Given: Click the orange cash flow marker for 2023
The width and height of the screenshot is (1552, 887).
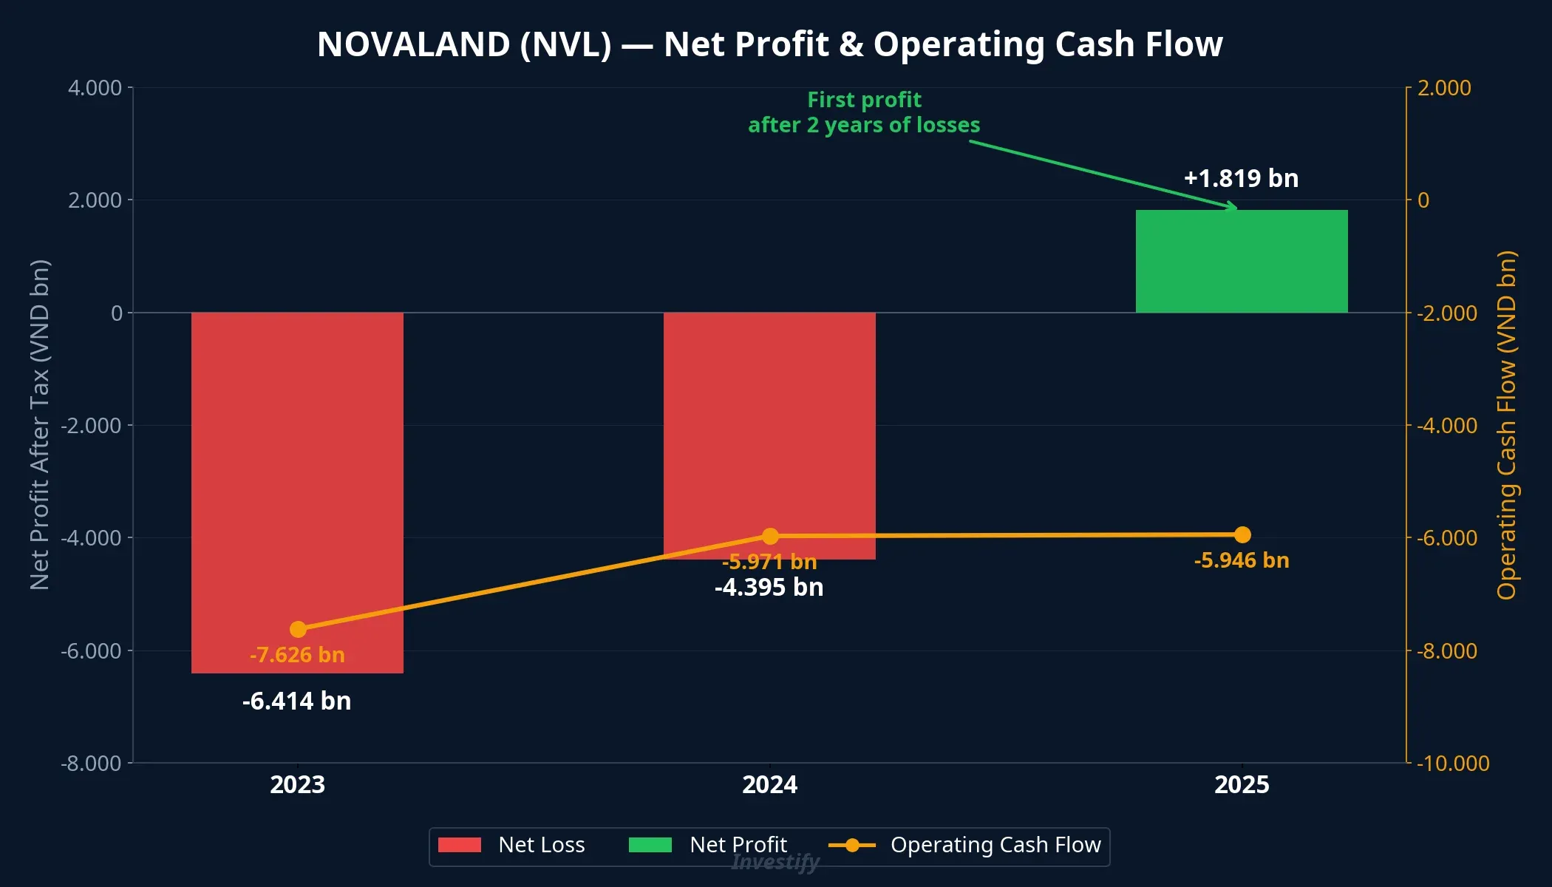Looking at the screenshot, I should (x=298, y=629).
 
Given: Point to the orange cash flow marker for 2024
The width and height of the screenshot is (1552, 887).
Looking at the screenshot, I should (x=770, y=536).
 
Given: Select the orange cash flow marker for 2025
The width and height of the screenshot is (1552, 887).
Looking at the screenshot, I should (x=1242, y=534).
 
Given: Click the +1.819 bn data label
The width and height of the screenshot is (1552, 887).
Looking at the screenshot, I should (x=1241, y=178).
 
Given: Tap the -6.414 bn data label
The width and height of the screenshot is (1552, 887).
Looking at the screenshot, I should (x=296, y=701).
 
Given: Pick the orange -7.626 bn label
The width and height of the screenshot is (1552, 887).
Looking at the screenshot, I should (x=296, y=655).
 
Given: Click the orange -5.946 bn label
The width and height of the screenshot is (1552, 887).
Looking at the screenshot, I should (x=1241, y=560).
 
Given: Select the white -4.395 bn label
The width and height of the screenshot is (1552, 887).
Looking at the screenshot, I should (x=769, y=588).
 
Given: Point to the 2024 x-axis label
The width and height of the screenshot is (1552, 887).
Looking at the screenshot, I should (x=769, y=784).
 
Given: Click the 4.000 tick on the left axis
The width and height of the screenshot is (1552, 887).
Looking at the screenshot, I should (x=95, y=88).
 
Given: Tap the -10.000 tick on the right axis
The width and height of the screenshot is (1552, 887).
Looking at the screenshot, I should (x=1452, y=764).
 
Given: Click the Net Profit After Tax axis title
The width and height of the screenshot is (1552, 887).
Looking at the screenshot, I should (x=40, y=425).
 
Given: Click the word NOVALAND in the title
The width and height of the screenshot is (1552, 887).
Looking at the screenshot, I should (x=413, y=44).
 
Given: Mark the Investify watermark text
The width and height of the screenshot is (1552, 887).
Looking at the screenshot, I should (x=775, y=862).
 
